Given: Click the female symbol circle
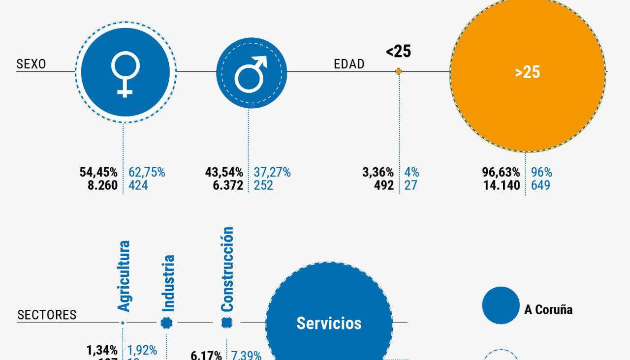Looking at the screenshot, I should point(125,72).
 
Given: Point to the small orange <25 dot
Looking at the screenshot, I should point(399,72).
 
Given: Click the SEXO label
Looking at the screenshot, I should point(31,64).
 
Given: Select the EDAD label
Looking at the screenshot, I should point(349,64).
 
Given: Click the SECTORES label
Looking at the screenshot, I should point(47,315).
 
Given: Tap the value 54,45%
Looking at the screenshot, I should point(98,173).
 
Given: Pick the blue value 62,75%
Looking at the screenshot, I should point(147,173).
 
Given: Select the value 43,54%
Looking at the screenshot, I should point(224,173).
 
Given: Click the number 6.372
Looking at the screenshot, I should point(226,185).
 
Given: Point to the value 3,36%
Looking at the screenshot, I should point(378,173).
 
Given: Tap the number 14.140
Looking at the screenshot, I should point(500,185).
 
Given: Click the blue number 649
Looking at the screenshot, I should point(540,185).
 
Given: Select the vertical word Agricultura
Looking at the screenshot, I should point(124,275).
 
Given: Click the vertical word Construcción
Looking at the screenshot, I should point(227,269).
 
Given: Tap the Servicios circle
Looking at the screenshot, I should point(329,323).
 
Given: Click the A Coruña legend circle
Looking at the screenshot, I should point(501,305).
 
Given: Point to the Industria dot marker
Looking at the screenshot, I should point(167,323).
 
